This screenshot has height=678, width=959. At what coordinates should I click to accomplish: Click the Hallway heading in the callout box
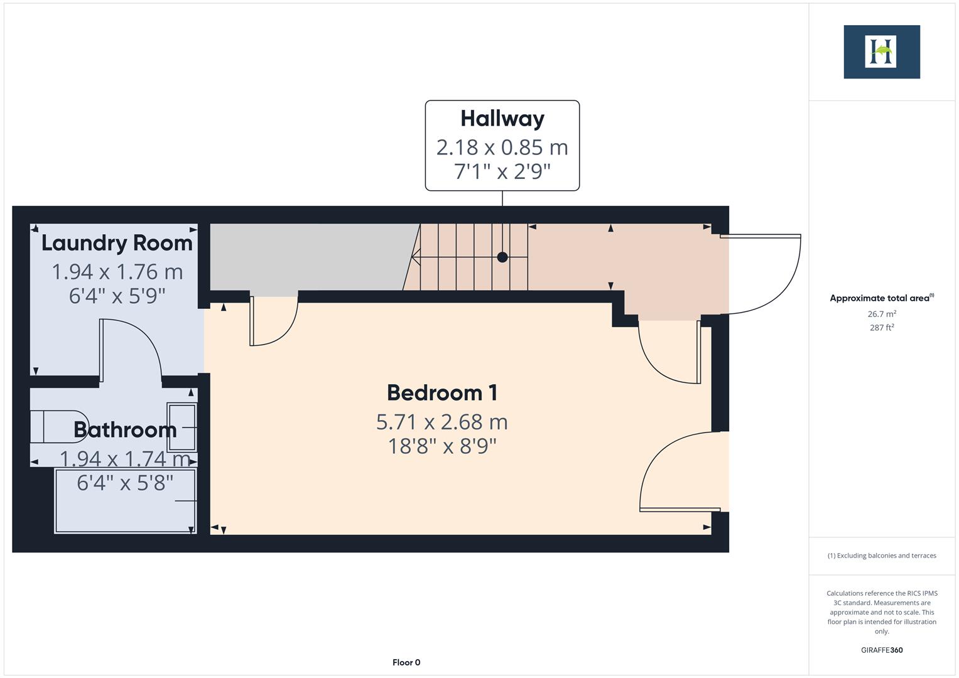[x=502, y=119]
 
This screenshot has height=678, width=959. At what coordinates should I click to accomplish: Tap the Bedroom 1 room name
[x=442, y=393]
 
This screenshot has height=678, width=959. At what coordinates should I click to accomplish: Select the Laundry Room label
[x=117, y=243]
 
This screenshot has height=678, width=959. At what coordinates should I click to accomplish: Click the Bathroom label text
[x=124, y=430]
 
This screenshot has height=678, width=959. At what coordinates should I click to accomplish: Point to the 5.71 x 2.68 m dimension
[x=442, y=422]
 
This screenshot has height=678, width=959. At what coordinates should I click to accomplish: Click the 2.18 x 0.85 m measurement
[x=502, y=148]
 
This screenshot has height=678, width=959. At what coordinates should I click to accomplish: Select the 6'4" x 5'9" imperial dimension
[x=117, y=295]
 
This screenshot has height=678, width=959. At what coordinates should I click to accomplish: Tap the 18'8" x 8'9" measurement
[x=442, y=446]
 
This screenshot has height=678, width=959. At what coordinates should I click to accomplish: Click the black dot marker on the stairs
[x=502, y=257]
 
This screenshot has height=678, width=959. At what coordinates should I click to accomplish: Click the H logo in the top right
[x=881, y=51]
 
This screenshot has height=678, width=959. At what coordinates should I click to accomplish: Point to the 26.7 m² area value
[x=882, y=314]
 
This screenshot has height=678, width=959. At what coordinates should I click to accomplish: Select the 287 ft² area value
[x=882, y=328]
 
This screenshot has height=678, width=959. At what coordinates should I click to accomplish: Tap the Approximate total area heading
[x=880, y=298]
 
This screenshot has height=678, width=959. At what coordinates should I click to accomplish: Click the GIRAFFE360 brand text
[x=882, y=650]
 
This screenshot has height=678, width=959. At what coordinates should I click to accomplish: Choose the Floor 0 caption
[x=406, y=662]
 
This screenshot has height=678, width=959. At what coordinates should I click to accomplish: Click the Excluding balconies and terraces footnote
[x=882, y=556]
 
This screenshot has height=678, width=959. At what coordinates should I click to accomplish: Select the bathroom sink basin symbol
[x=182, y=427]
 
